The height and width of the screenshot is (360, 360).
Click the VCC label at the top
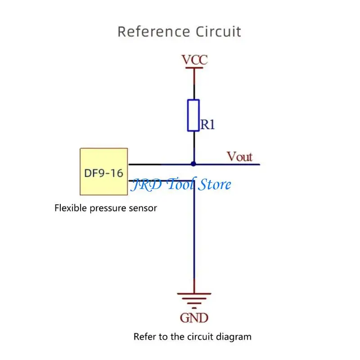194,59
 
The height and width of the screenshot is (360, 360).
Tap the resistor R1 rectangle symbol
193,115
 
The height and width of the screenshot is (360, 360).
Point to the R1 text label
207,125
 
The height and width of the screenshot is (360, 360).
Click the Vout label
239,157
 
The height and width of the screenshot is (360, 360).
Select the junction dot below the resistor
193,164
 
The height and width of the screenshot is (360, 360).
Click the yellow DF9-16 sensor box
103,171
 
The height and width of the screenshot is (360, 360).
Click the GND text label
194,318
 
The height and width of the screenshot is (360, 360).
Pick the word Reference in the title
153,32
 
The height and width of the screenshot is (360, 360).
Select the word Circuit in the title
219,32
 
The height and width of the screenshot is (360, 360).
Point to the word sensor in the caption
144,208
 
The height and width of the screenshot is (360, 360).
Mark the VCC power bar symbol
194,69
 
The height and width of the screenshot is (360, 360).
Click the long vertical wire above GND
194,234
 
